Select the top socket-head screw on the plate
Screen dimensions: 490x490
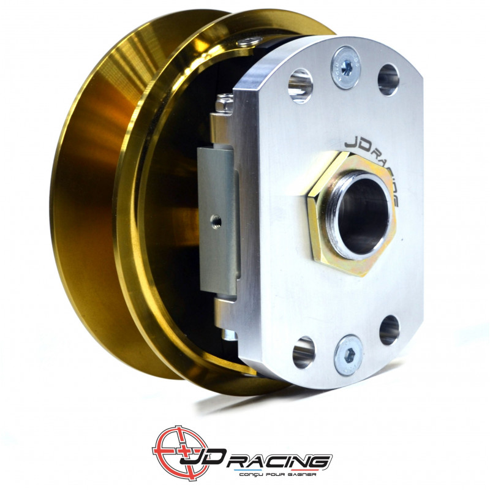pos(346,67)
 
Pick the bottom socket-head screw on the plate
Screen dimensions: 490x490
pos(348,355)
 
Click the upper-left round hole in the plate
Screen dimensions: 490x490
pos(301,86)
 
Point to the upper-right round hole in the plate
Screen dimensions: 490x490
pos(388,80)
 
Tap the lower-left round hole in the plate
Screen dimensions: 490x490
pos(303,353)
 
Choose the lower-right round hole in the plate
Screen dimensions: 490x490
pos(390,330)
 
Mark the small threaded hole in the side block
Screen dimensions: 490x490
pos(216,221)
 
